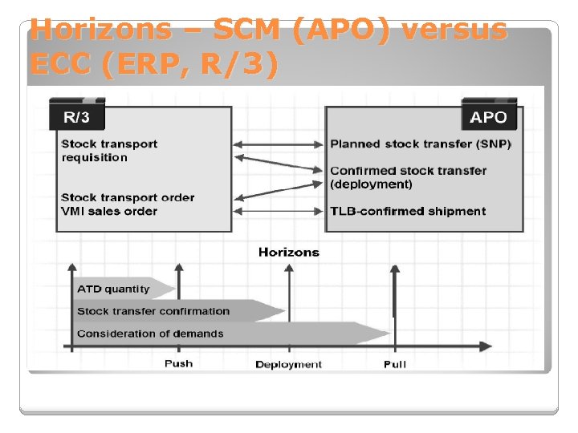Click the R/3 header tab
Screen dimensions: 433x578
(x=77, y=116)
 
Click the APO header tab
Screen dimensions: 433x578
(x=488, y=117)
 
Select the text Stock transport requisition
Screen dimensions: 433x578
(x=109, y=151)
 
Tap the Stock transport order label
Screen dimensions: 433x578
(x=128, y=197)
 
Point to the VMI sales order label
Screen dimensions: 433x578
(x=109, y=212)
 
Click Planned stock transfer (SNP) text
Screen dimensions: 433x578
(x=421, y=144)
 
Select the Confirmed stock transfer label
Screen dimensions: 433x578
(x=409, y=171)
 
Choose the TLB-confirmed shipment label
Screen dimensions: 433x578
(x=408, y=212)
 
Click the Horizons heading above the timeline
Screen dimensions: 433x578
(x=288, y=253)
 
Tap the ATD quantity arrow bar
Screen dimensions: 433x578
(x=120, y=289)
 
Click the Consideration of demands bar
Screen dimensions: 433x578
(x=209, y=334)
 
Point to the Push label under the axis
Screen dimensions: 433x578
(x=178, y=364)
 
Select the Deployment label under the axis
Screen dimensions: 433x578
(x=288, y=365)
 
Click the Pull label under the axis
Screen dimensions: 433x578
(x=394, y=365)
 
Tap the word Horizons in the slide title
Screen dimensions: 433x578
(x=100, y=30)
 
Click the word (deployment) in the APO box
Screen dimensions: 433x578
(x=371, y=184)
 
